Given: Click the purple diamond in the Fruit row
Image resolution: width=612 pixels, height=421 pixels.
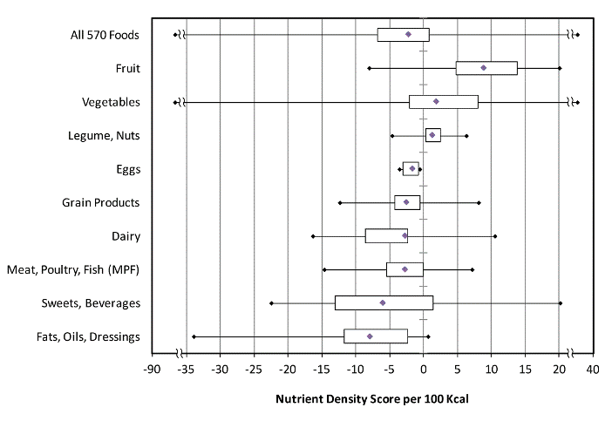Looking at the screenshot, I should coord(484,68).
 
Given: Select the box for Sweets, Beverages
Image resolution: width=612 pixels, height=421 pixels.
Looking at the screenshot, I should coord(384,303).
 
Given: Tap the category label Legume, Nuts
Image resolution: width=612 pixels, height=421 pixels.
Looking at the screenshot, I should coord(104,135).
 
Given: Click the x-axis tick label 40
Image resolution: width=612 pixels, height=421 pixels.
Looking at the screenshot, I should coord(592,370).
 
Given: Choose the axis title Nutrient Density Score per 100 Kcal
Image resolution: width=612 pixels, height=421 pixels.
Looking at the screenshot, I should coord(372,399).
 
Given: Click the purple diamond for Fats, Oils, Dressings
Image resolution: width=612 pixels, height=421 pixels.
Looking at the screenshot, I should coord(370,336).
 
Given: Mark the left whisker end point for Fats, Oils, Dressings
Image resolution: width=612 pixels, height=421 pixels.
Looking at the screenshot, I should coord(194,336).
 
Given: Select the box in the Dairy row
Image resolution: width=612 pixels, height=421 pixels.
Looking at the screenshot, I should coord(386,235).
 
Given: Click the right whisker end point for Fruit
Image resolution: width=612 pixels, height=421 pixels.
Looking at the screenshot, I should coord(560,68).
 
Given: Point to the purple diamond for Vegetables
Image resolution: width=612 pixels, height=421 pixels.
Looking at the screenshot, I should coord(436,101).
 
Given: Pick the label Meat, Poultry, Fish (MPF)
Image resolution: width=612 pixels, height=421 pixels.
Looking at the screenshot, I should coord(73,269).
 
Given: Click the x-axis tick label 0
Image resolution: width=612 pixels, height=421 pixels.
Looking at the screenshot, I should coord(424,370).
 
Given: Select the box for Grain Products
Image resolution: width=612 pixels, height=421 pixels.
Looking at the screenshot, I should coord(407,202).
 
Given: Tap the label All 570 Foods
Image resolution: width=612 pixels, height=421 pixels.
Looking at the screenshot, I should coord(105,35).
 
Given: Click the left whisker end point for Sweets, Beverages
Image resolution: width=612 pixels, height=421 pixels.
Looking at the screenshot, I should coord(271,303).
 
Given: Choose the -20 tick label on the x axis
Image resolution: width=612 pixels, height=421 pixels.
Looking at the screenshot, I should coord(287,370).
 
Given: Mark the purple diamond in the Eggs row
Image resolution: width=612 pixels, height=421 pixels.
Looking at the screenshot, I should coord(412,168).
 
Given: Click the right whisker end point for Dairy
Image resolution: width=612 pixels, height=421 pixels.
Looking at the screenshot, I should coord(495,235).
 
